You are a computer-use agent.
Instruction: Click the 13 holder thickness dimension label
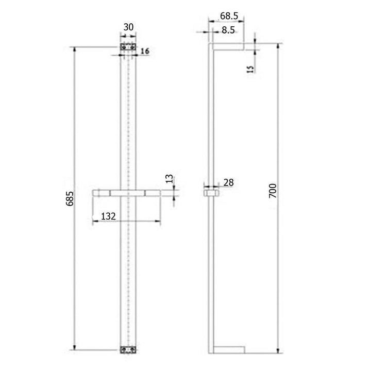click(x=169, y=179)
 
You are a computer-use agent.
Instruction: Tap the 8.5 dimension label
click(x=228, y=30)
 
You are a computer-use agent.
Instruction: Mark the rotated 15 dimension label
click(x=250, y=69)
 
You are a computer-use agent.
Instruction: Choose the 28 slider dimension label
click(x=229, y=182)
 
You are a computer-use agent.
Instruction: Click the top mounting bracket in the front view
click(x=128, y=47)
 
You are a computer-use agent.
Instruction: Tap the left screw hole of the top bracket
click(x=124, y=47)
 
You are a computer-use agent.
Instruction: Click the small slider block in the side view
click(x=210, y=193)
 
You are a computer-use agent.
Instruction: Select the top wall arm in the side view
click(x=227, y=47)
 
